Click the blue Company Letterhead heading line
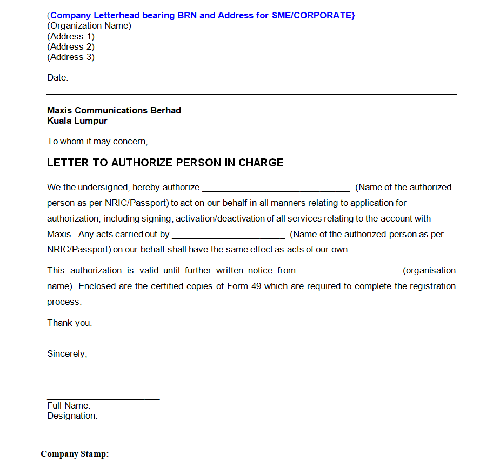point(201,15)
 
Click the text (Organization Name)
point(89,25)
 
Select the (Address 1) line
point(71,36)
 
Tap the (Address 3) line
point(71,57)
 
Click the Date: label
point(58,77)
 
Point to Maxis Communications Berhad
point(114,110)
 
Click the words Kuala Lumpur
point(77,121)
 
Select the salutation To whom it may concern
point(97,141)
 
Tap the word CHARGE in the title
point(261,163)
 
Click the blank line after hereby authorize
point(276,189)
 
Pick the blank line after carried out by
point(228,236)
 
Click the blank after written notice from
point(349,272)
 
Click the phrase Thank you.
point(70,323)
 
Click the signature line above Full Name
point(103,399)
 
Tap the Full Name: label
point(69,405)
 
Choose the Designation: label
point(72,416)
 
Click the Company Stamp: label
point(75,454)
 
